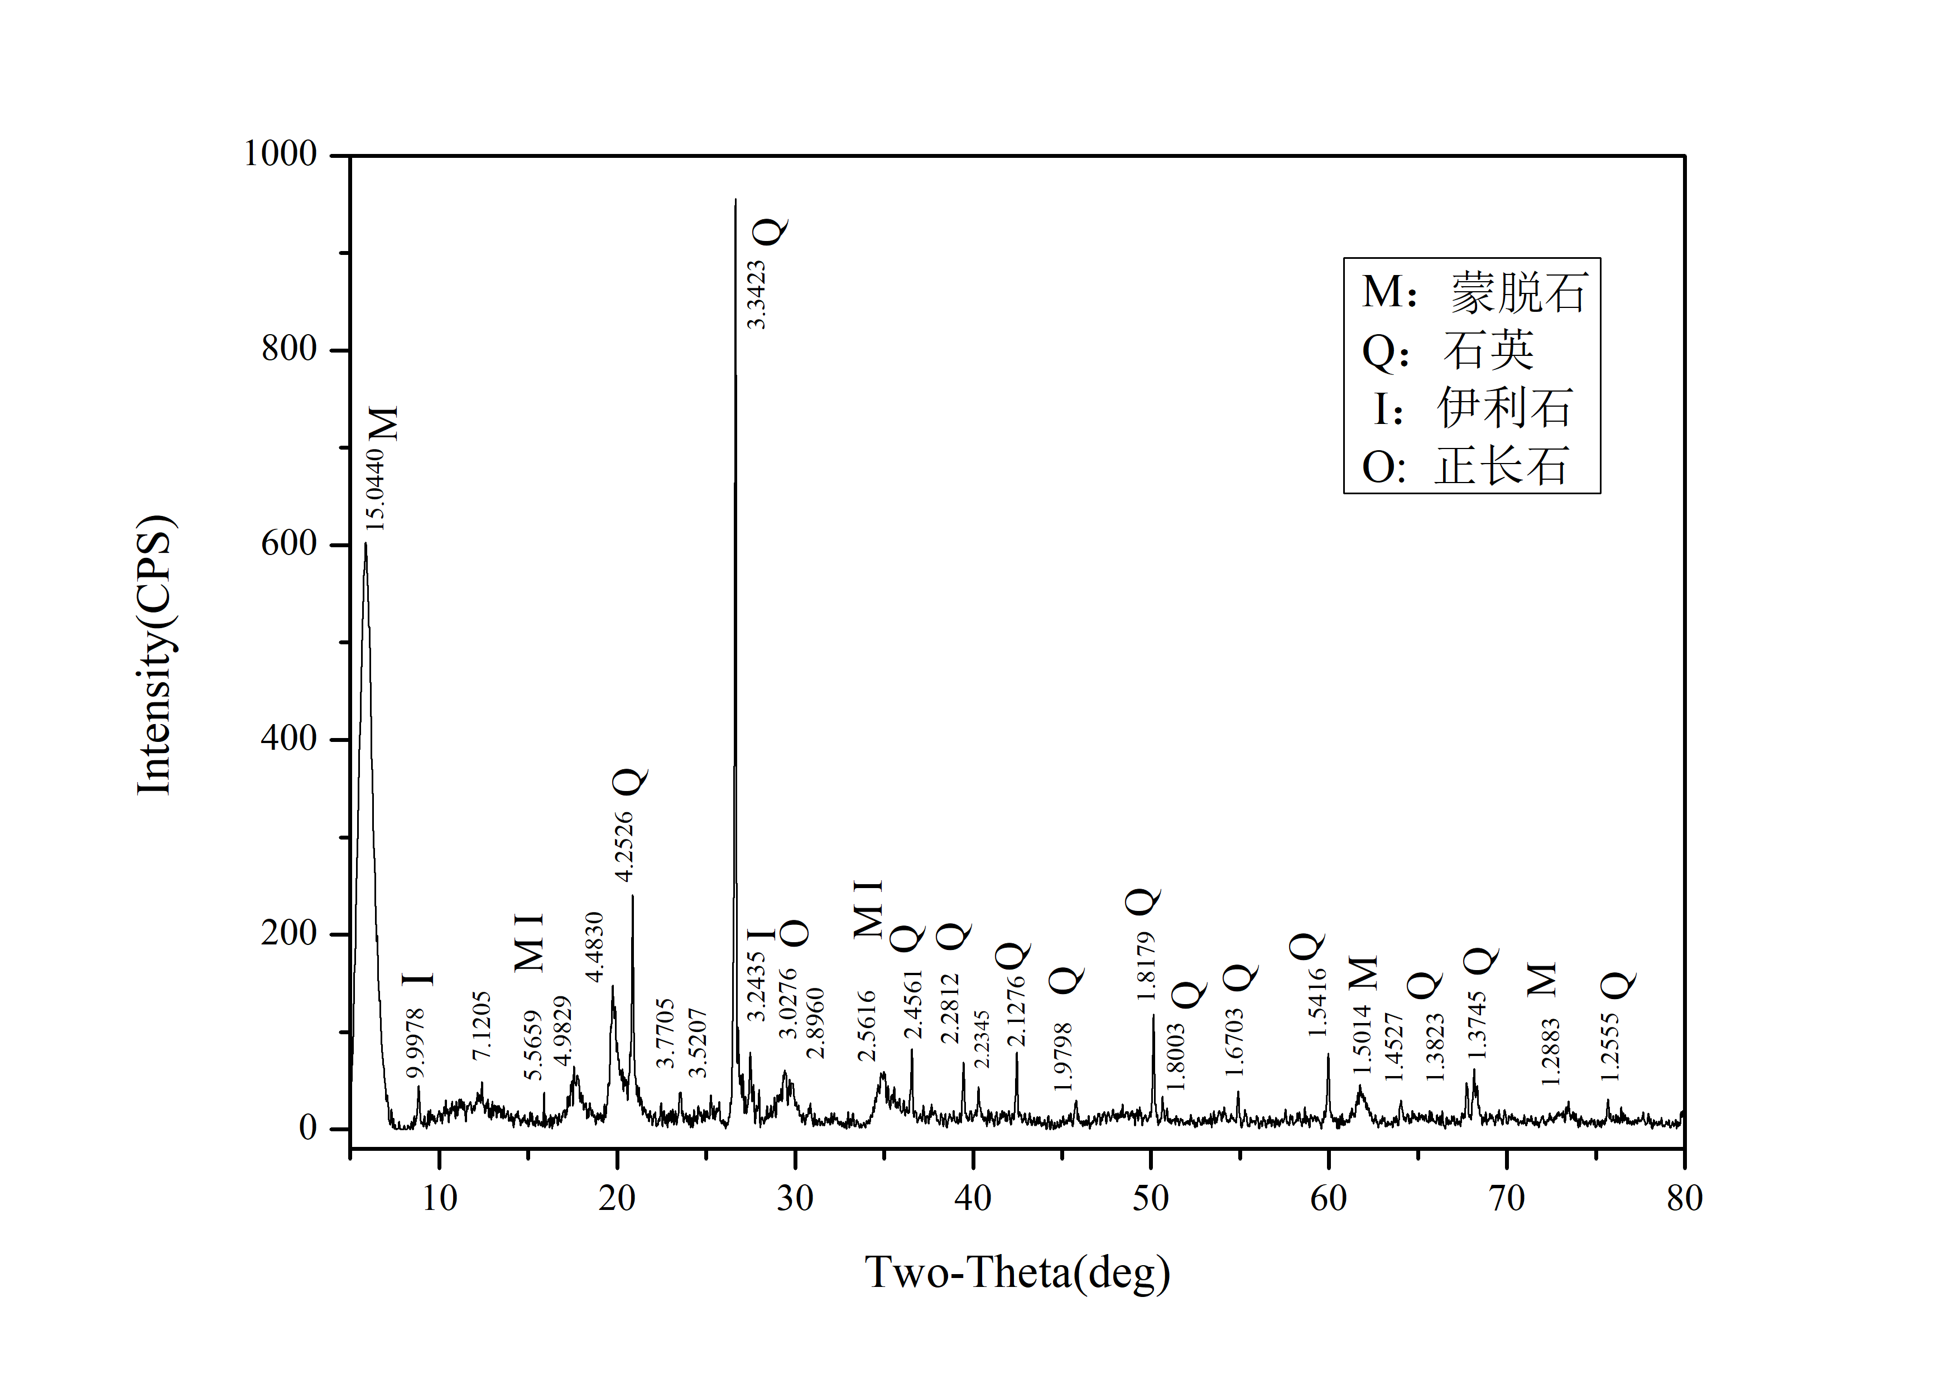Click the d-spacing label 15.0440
(375, 489)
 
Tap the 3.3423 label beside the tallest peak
(756, 295)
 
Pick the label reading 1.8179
(1146, 966)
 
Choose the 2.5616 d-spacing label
(867, 1025)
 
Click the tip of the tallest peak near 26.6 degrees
(735, 200)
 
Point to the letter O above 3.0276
(795, 933)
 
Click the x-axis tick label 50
(1151, 1199)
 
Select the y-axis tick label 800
(289, 349)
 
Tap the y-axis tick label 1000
(281, 155)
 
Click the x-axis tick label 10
(439, 1199)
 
